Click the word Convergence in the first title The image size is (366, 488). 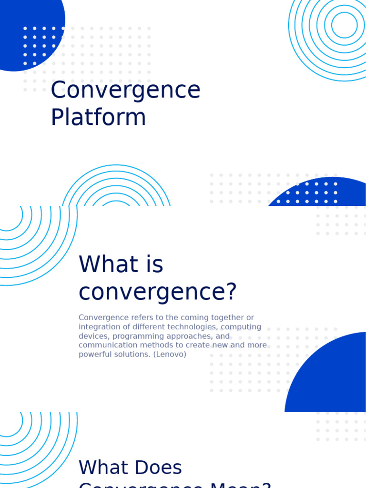125,91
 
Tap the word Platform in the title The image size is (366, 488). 98,117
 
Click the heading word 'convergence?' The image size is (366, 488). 157,292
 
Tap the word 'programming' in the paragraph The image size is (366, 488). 136,336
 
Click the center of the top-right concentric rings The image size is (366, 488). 344,25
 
